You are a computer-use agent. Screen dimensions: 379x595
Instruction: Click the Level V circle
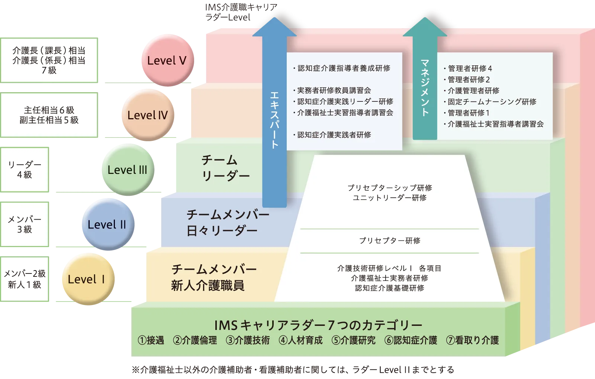click(x=167, y=60)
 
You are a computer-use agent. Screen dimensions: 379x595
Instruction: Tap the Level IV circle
click(x=147, y=115)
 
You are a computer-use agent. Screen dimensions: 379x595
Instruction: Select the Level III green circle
click(x=127, y=170)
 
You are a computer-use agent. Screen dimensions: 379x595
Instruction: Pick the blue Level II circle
click(x=107, y=224)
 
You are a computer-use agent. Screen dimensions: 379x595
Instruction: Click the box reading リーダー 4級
click(x=25, y=169)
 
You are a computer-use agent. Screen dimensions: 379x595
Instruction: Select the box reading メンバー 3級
click(x=25, y=224)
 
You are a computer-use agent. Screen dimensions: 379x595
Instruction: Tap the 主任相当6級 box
click(x=49, y=115)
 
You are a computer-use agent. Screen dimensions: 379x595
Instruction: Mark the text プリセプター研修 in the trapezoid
click(x=389, y=241)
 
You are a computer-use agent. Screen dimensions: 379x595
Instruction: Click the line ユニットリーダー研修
click(x=389, y=198)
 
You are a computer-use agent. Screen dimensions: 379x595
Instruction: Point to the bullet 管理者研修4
click(x=470, y=68)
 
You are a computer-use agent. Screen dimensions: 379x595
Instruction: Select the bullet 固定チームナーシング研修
click(x=492, y=101)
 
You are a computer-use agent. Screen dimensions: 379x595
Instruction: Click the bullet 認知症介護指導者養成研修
click(x=344, y=68)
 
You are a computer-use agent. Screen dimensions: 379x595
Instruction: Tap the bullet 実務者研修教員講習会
click(x=334, y=90)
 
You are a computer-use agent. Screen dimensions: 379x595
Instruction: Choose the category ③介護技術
click(x=248, y=340)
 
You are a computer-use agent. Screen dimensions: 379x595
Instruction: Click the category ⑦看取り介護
click(x=472, y=340)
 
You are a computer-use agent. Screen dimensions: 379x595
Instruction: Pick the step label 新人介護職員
click(x=208, y=285)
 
